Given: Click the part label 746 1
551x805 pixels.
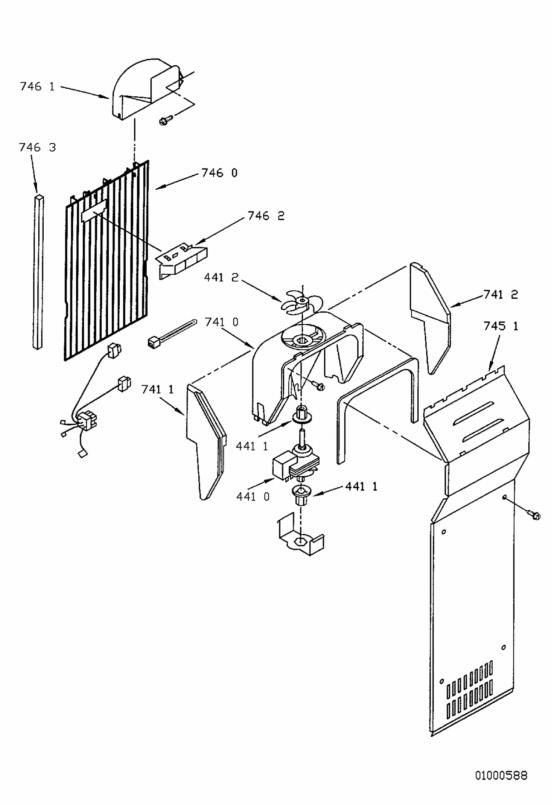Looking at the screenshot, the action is pos(37,87).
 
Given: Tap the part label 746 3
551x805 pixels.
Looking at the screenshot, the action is pos(37,147).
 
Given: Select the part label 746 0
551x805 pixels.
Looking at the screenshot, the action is pos(220,173).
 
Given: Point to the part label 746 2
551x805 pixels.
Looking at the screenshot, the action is pos(266,216).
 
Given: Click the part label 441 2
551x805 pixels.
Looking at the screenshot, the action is pos(221,277).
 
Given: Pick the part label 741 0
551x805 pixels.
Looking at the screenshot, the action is pos(222,322).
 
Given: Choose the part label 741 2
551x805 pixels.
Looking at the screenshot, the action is pos(501,295).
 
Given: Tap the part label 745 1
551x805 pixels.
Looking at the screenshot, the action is pos(501,326).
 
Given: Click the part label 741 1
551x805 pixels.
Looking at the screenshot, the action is pos(158,389).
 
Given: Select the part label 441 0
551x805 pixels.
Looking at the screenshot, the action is pos(253,497).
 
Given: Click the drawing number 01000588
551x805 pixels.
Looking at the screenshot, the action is pos(501,775).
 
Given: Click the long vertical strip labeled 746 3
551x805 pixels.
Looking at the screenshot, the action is pos(38,273).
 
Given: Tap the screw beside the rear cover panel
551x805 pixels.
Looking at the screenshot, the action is pos(533,514).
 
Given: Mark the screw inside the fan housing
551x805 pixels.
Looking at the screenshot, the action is pos(318,386).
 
